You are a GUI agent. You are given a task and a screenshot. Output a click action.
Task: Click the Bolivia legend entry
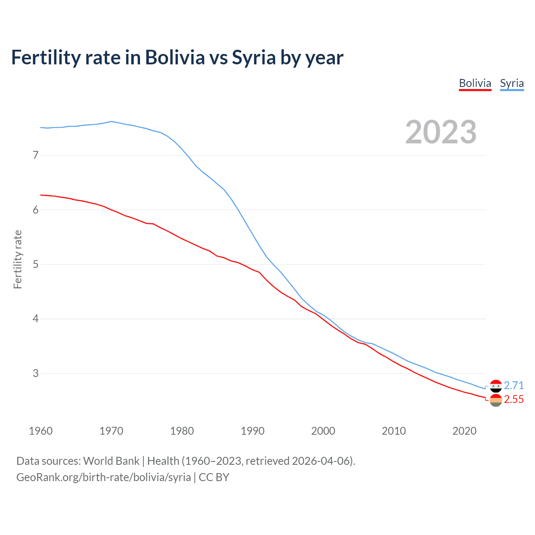tap(475, 83)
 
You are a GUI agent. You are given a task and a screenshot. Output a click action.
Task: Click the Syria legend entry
tap(512, 83)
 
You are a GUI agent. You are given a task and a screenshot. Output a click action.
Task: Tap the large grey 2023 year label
tap(441, 132)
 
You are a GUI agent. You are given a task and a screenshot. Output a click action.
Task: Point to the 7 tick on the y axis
tap(36, 155)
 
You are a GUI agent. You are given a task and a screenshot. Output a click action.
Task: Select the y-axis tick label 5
tap(36, 265)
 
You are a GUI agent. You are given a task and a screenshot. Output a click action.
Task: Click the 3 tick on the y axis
tap(36, 373)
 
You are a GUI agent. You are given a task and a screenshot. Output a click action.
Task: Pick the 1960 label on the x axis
tap(41, 431)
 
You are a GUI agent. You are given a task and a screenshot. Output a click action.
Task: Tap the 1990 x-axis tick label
tap(252, 431)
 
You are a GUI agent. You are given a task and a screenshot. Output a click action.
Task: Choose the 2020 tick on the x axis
tap(464, 431)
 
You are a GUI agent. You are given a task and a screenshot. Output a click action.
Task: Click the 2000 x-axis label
tap(323, 431)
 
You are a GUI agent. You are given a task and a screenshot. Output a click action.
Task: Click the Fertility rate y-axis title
tap(18, 259)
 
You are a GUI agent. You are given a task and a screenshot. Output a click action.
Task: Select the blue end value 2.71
tap(514, 385)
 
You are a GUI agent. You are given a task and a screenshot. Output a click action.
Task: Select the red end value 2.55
tap(514, 400)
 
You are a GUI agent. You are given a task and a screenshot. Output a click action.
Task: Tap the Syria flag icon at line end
tap(496, 386)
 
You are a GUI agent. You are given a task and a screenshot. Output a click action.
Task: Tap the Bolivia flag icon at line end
tap(496, 400)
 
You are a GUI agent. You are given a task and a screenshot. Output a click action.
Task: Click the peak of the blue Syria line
tap(111, 122)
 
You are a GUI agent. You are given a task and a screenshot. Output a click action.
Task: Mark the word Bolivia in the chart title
tap(175, 58)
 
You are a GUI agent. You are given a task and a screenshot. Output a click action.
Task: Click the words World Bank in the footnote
tap(111, 461)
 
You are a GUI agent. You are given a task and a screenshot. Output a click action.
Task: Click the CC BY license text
tap(214, 477)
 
